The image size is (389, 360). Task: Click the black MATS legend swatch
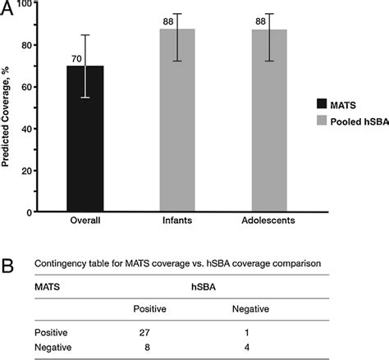[322, 103]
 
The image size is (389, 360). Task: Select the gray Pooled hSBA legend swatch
[322, 121]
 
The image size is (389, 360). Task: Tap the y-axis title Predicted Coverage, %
[7, 107]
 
